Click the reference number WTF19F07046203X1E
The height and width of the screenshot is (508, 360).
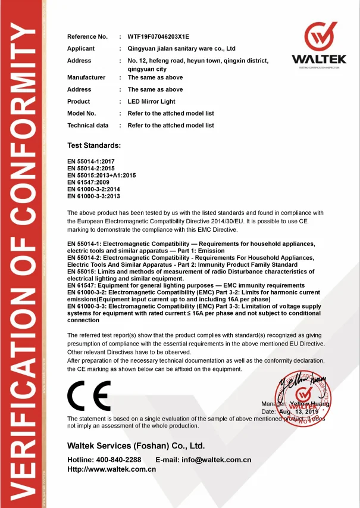[x=162, y=37]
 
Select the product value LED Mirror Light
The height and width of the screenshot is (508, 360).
[x=151, y=101]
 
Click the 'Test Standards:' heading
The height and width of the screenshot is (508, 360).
[x=94, y=145]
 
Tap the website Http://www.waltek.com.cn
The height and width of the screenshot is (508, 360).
[x=111, y=469]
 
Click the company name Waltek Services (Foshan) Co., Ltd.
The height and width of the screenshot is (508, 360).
[x=136, y=445]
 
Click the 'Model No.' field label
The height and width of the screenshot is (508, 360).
[x=82, y=113]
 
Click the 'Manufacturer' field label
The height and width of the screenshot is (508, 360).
[x=86, y=77]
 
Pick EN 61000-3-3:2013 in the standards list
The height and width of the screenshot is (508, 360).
[x=94, y=196]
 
